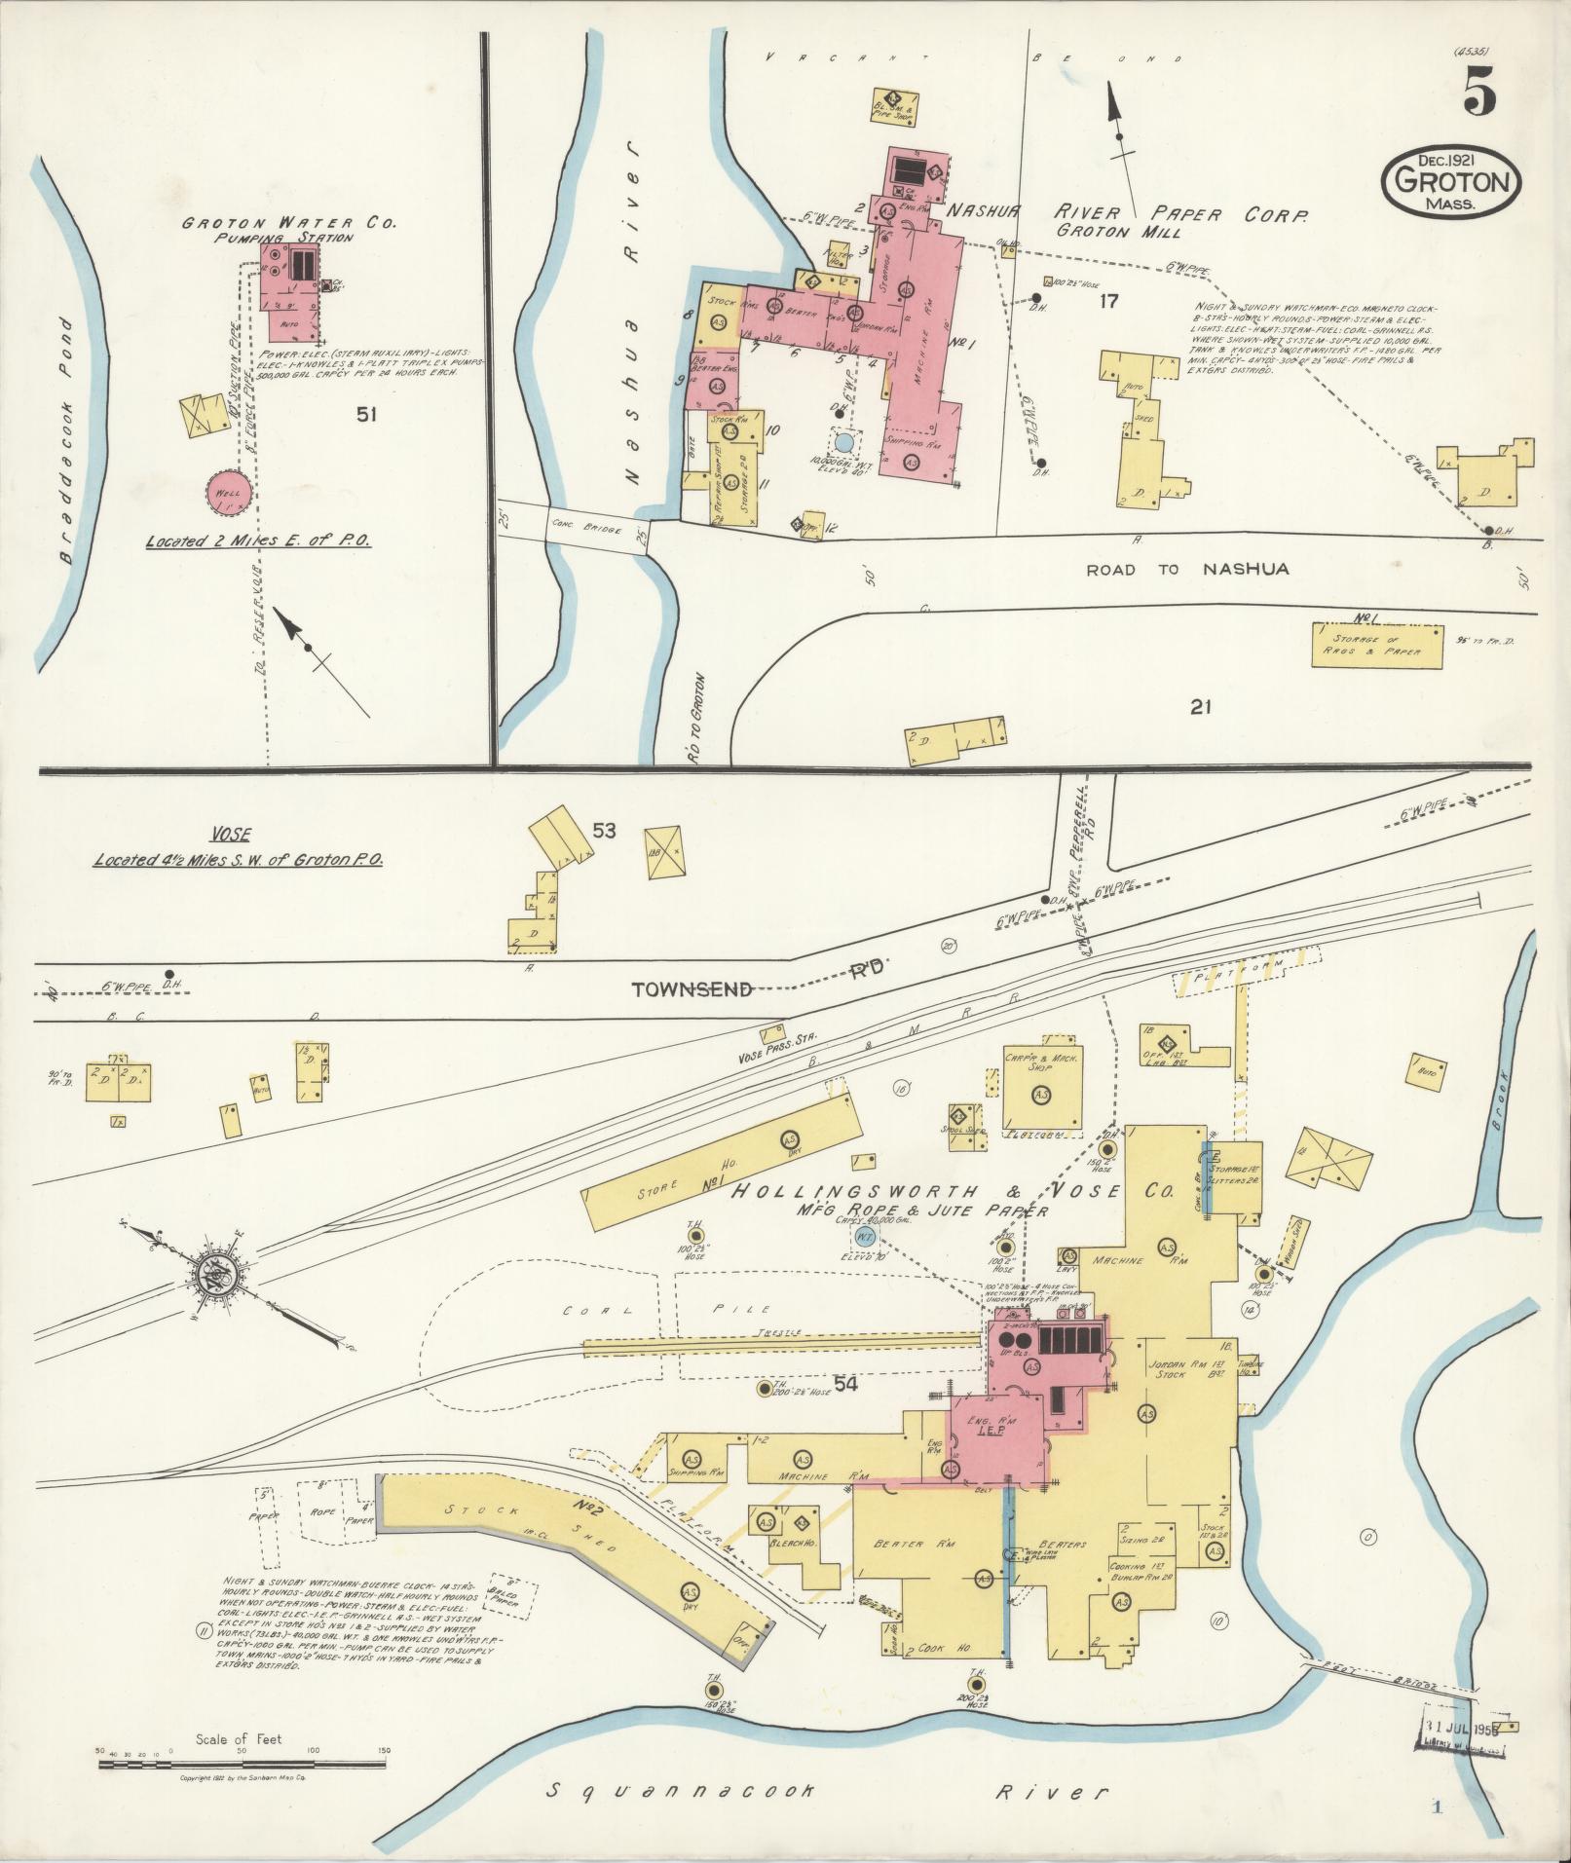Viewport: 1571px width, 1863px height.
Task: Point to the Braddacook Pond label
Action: [65, 438]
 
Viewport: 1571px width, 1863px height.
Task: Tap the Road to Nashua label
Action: [1187, 569]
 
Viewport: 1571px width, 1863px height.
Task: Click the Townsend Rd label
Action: [740, 989]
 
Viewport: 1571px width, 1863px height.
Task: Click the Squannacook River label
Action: [828, 1792]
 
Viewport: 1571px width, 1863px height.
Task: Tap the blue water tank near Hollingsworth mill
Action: [863, 1237]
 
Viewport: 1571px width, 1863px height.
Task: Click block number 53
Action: [604, 831]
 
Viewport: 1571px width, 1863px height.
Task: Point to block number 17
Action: [1108, 301]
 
